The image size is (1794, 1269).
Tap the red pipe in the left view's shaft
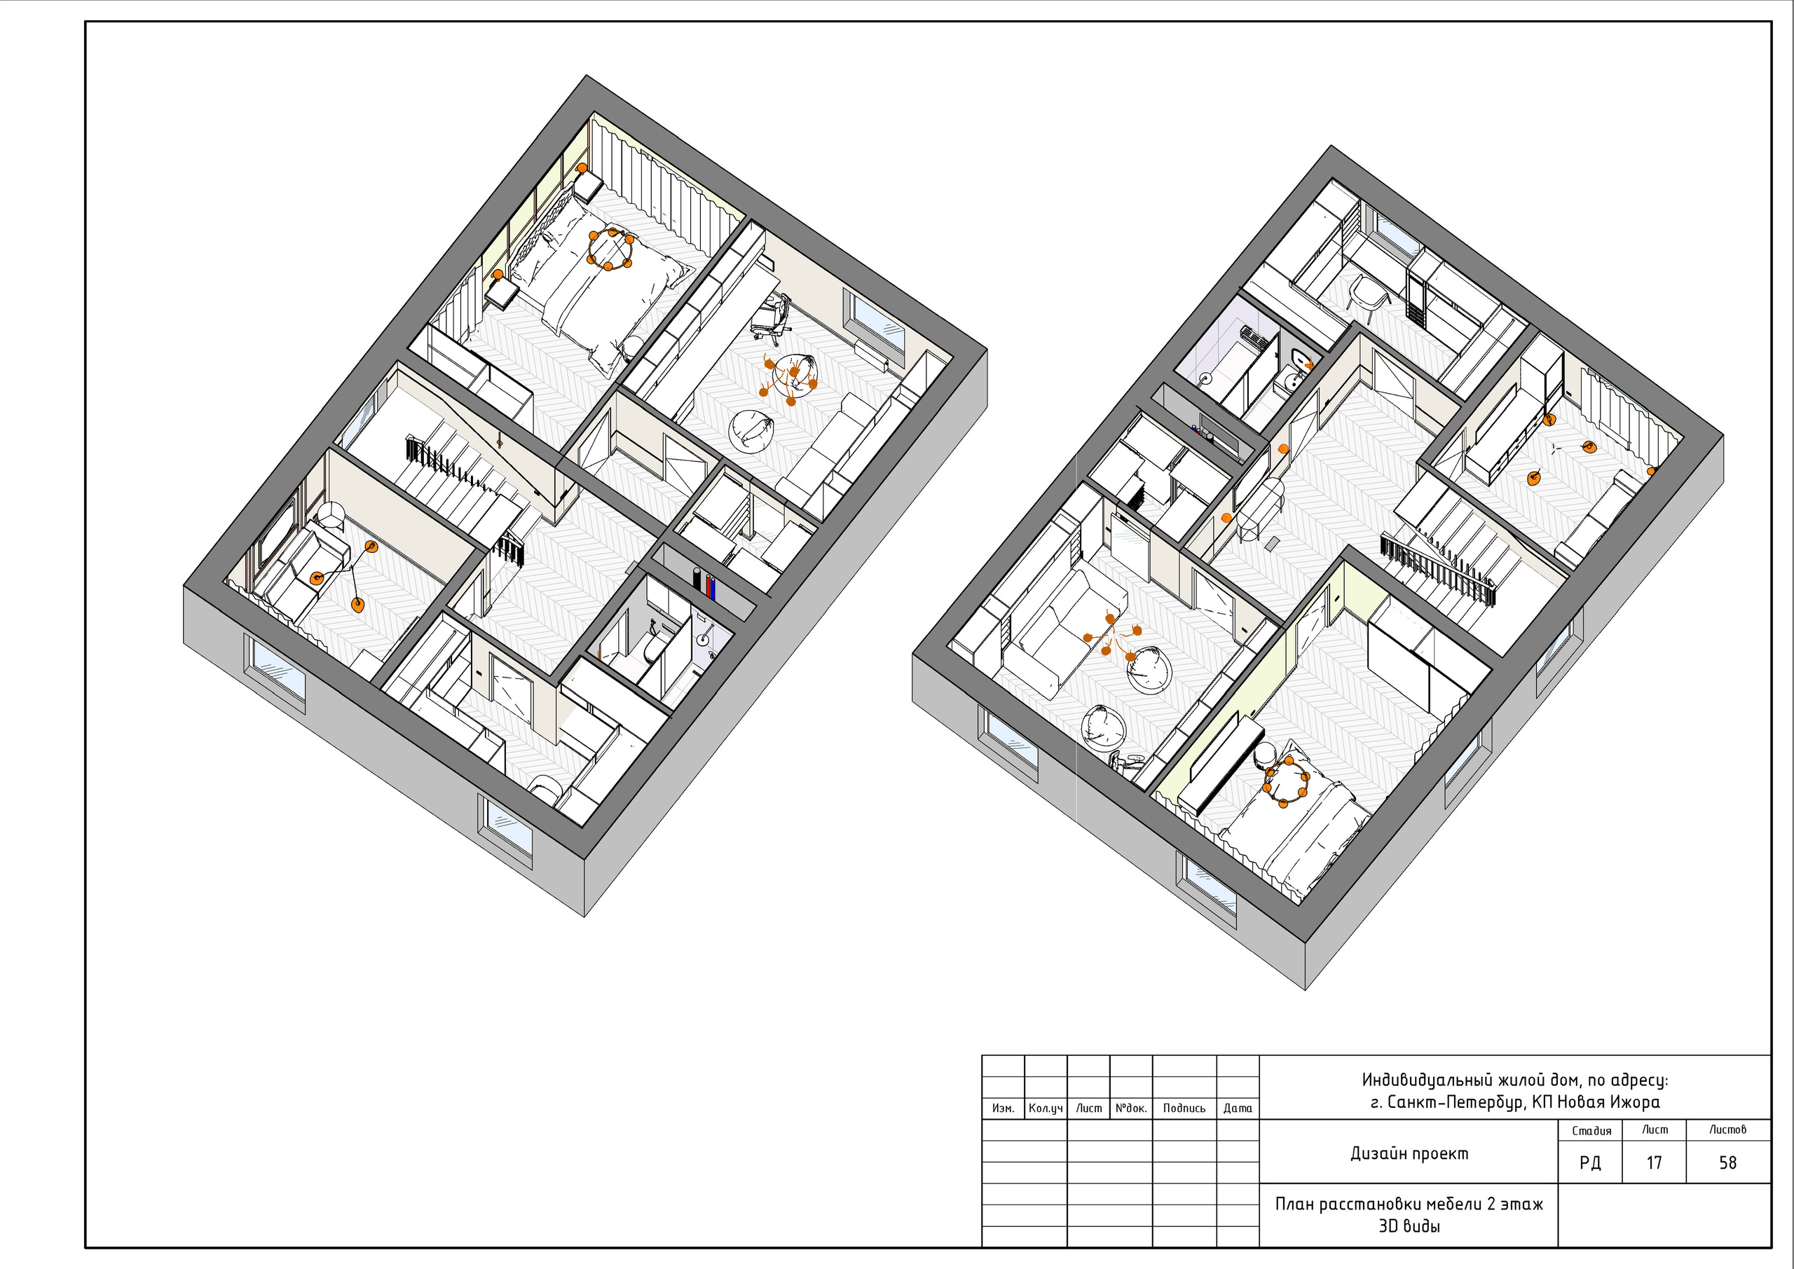(x=709, y=586)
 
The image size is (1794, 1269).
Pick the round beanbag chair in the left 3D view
(x=753, y=430)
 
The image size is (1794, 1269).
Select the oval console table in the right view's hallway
(x=1260, y=507)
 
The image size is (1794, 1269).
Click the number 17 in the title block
(x=1653, y=1162)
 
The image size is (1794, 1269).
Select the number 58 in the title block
(x=1727, y=1162)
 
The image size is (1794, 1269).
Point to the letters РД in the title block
(x=1590, y=1163)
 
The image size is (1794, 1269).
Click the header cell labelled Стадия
(x=1591, y=1131)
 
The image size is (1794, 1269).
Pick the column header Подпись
(x=1184, y=1108)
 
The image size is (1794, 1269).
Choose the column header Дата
(x=1238, y=1108)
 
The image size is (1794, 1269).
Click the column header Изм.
(x=1003, y=1108)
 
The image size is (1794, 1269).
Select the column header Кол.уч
(x=1046, y=1108)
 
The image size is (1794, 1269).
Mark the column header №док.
(x=1130, y=1108)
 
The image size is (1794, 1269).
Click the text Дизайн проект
(x=1409, y=1153)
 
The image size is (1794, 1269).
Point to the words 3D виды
(x=1409, y=1226)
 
